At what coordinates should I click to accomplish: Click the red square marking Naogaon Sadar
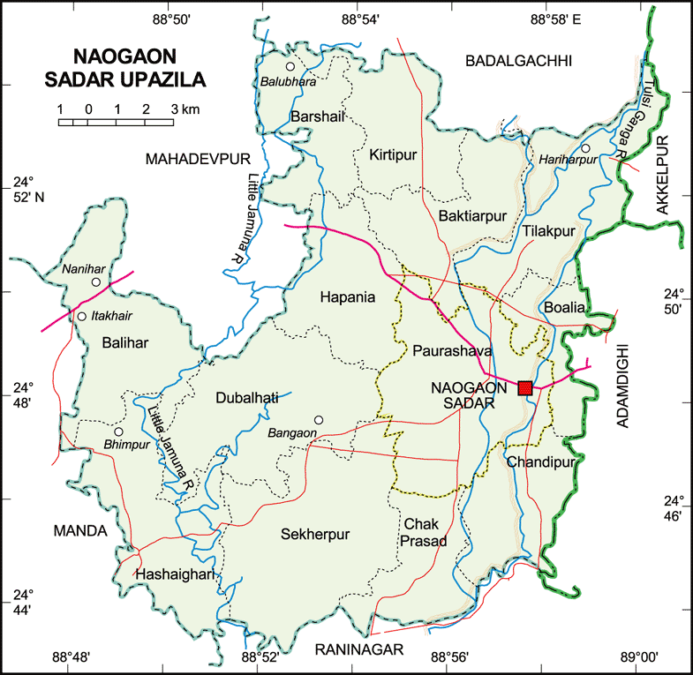tap(525, 387)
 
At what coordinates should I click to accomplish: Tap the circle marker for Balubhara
tap(289, 66)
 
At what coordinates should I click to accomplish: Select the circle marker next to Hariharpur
tap(584, 148)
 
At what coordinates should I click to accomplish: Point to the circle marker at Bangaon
tap(319, 420)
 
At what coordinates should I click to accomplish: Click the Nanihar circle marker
tap(95, 282)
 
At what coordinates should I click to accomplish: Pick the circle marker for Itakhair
tap(82, 316)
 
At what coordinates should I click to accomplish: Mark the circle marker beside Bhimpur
tap(117, 431)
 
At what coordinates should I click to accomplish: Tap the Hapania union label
tap(347, 297)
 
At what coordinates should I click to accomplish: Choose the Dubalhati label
tap(247, 398)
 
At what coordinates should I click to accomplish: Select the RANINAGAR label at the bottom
tap(358, 650)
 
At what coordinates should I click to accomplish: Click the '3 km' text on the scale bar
tap(185, 109)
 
